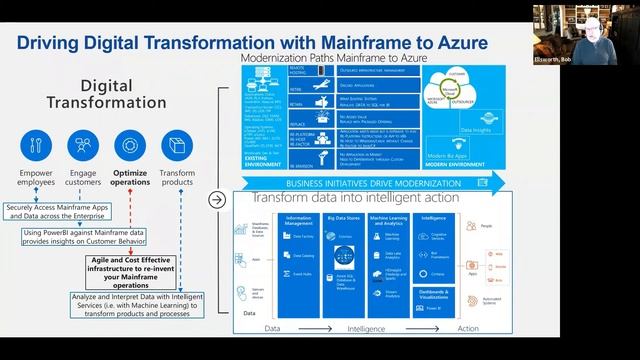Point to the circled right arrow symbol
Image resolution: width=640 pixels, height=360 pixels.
tap(216, 199)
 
